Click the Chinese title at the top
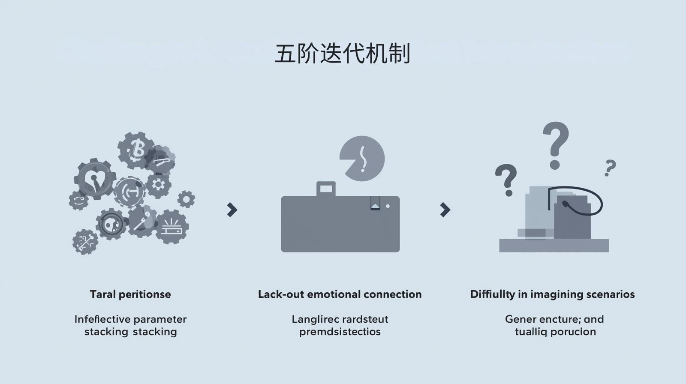click(342, 54)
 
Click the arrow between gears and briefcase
click(232, 210)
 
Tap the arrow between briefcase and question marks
click(445, 210)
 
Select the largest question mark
click(555, 144)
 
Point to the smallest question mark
click(610, 168)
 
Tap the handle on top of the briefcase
click(326, 189)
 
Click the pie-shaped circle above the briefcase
click(363, 159)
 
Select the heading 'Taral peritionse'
click(130, 294)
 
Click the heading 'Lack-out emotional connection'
click(340, 294)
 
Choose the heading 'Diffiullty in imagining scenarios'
click(552, 294)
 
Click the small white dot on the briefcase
click(388, 206)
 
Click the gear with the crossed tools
click(85, 242)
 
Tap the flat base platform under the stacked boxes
click(554, 246)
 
